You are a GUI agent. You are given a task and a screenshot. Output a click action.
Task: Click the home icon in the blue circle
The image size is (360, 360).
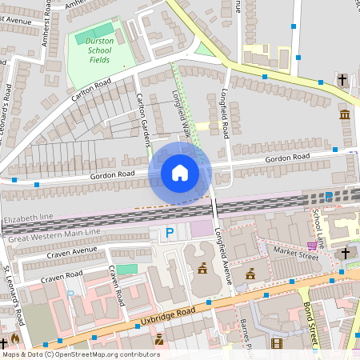coord(180,172)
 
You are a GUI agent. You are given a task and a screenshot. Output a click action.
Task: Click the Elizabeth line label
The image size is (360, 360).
coord(28,218)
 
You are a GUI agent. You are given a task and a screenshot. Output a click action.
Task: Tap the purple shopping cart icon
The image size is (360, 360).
coord(311,245)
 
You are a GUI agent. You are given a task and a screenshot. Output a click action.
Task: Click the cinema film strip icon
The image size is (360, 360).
coord(277,344)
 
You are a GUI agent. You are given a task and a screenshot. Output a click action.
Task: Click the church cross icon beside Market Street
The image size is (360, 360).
coord(346,253)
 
